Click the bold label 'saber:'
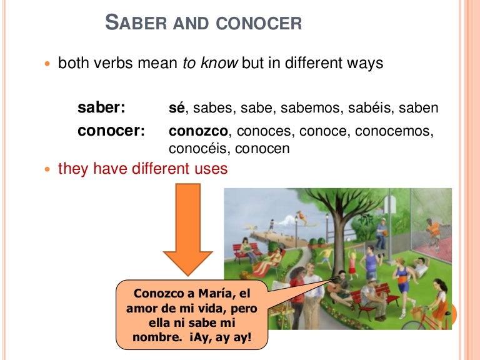pyautogui.click(x=101, y=107)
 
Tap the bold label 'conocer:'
pyautogui.click(x=111, y=132)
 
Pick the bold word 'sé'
pyautogui.click(x=177, y=107)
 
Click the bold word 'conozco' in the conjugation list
pyautogui.click(x=199, y=132)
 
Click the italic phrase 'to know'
pyautogui.click(x=210, y=64)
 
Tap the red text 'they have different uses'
pyautogui.click(x=142, y=169)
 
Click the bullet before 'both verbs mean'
pyautogui.click(x=49, y=64)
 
